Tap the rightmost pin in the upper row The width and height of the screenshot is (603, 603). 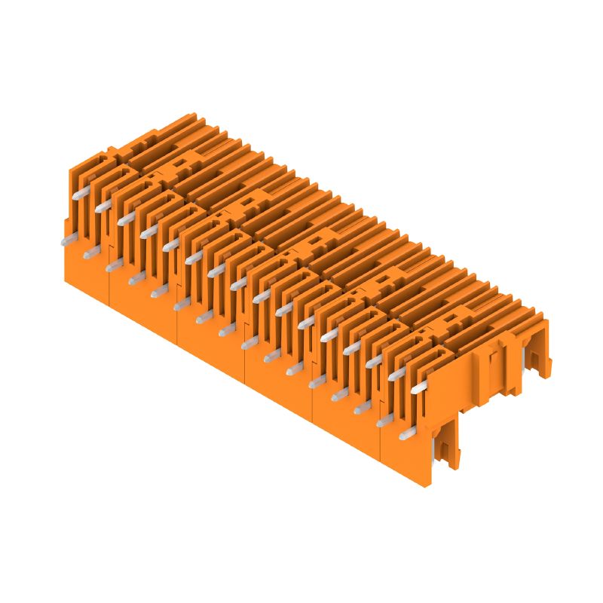coord(418,387)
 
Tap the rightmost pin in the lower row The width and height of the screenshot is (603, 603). coord(406,433)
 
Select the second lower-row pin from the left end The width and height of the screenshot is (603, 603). coord(90,253)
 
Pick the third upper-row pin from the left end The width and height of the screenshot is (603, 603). coord(125,218)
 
